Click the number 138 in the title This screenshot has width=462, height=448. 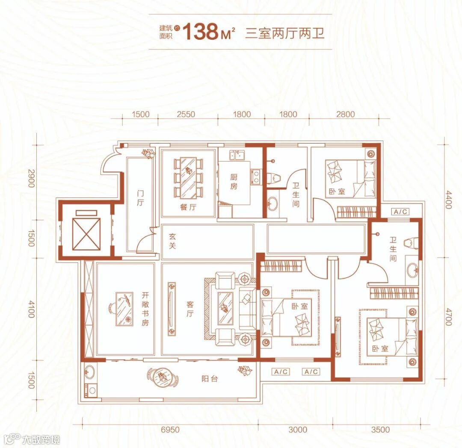(201, 32)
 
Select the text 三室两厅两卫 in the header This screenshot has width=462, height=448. (284, 33)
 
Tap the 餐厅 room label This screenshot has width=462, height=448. (188, 207)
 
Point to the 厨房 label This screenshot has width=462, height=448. (233, 182)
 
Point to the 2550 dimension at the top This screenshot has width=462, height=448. (186, 114)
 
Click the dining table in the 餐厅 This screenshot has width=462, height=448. (188, 177)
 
